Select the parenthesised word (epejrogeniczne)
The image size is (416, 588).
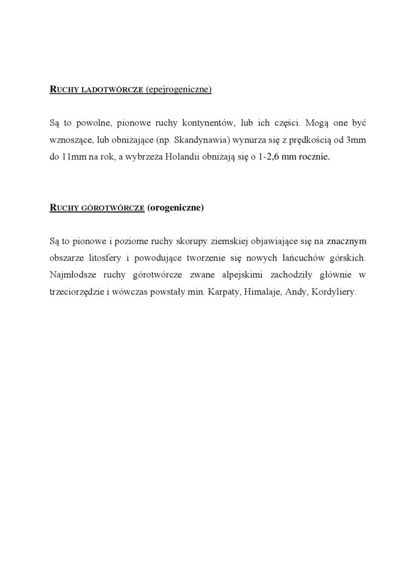[178, 90]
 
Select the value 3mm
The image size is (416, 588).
[356, 139]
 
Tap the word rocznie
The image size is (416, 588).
[314, 156]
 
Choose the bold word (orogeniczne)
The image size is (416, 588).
[176, 208]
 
